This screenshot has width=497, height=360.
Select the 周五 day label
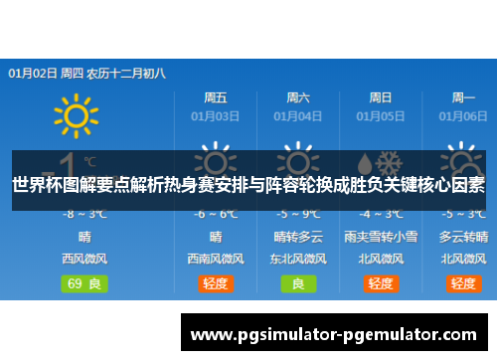tap(215, 97)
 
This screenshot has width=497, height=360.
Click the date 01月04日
tap(298, 116)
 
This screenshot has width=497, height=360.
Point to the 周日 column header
tap(381, 97)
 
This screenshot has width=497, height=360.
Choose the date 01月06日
tap(463, 116)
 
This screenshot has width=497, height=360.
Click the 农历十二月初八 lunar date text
tap(125, 73)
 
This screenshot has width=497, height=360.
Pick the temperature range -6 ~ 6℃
tap(216, 214)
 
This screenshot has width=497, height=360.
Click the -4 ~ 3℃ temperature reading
tap(381, 214)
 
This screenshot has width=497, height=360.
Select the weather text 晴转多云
tap(298, 237)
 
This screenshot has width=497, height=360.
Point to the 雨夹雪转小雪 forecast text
tap(381, 237)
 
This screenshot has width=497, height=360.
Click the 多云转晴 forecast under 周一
tap(463, 237)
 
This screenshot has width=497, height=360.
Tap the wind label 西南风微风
tap(216, 259)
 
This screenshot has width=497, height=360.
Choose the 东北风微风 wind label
tap(298, 259)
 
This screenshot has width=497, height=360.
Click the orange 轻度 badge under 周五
tap(216, 283)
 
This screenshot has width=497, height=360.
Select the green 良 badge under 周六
tap(298, 283)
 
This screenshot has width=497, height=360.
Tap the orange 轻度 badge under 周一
tap(463, 283)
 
